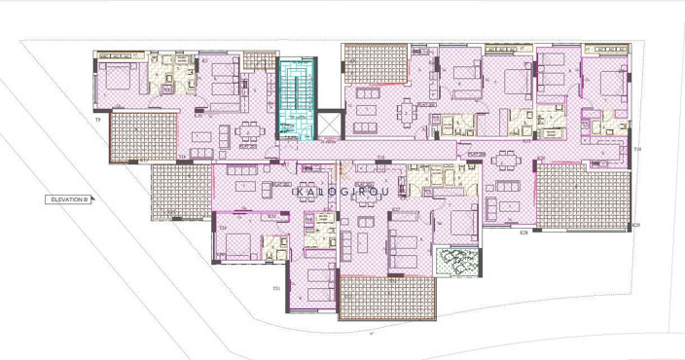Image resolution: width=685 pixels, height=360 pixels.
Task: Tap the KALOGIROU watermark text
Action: [x=342, y=193]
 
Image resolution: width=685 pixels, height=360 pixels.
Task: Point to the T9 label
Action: [x=98, y=119]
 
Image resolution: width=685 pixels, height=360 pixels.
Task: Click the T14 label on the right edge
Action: [x=637, y=149]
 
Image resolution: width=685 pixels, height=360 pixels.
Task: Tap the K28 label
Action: [x=523, y=234]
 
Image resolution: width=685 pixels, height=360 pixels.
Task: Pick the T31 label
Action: [x=276, y=288]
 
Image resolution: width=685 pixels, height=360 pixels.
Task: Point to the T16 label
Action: [x=183, y=156]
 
